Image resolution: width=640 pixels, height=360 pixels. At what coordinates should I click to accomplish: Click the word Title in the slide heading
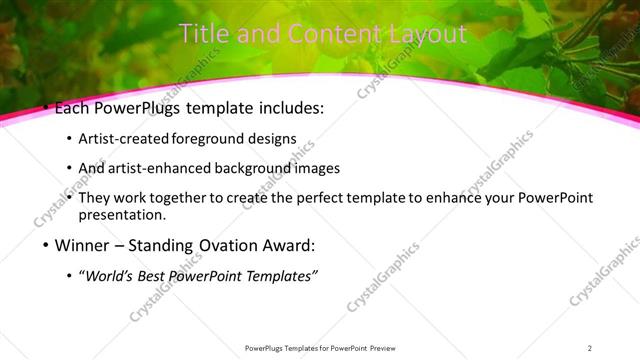tap(204, 34)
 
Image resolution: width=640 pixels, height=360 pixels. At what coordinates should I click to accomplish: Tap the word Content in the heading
tap(321, 34)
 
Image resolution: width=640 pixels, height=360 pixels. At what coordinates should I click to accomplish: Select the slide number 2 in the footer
tap(590, 348)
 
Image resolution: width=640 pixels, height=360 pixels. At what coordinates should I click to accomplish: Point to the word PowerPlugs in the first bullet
tap(132, 108)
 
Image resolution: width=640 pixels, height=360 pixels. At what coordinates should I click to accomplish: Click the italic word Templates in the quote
tap(281, 277)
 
